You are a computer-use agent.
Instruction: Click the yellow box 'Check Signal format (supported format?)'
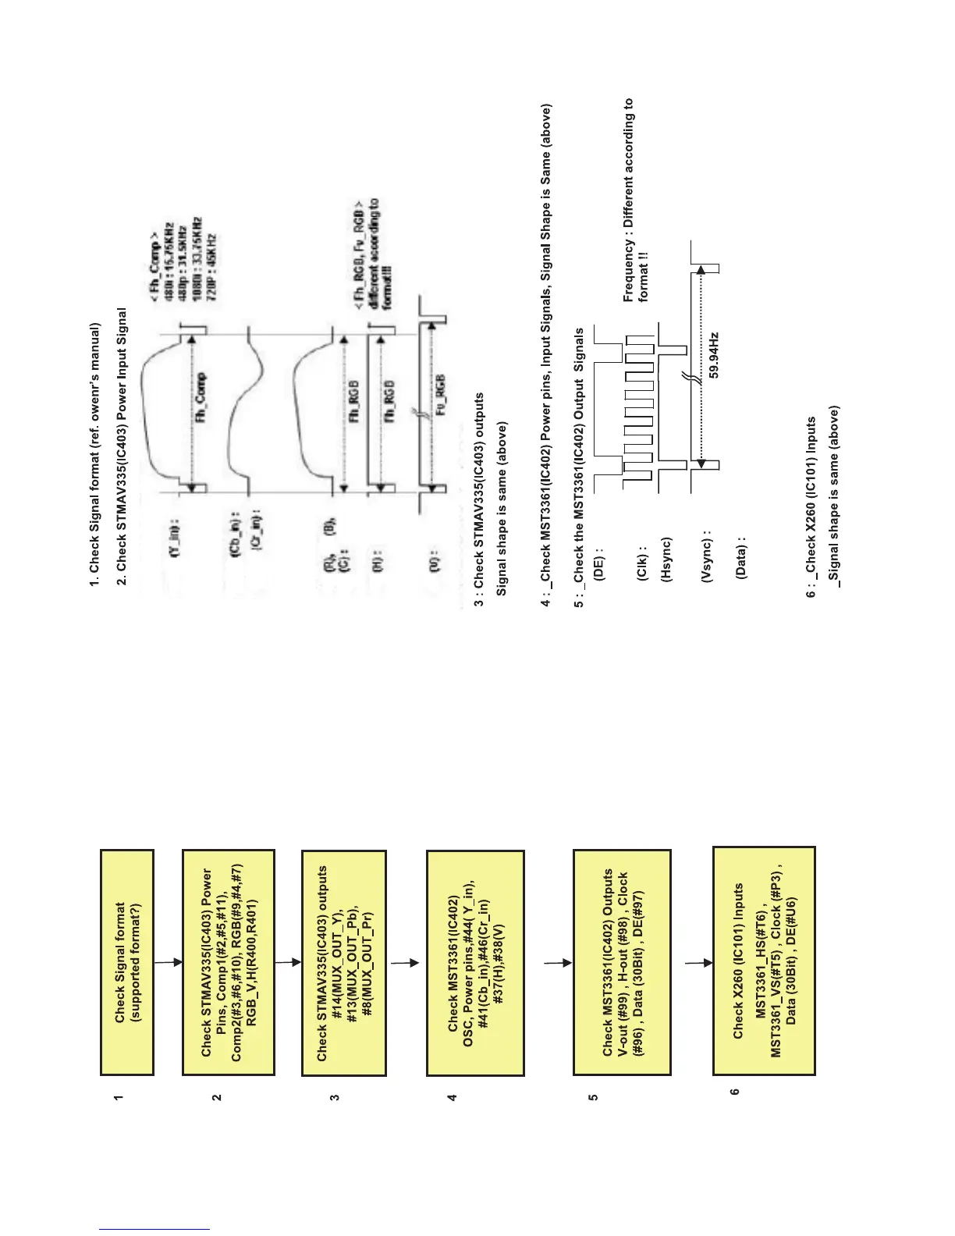tap(127, 962)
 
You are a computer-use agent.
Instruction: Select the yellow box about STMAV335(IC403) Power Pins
tap(228, 962)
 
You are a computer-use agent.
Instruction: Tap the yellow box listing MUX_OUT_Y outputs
tap(344, 962)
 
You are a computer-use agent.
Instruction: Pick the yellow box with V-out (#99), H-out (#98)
tap(622, 962)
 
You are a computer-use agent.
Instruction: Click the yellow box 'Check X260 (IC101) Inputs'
tap(764, 962)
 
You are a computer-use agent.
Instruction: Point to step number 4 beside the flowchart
tap(452, 1097)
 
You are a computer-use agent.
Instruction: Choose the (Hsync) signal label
tap(666, 560)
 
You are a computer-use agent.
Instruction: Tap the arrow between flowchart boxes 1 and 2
tap(167, 962)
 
